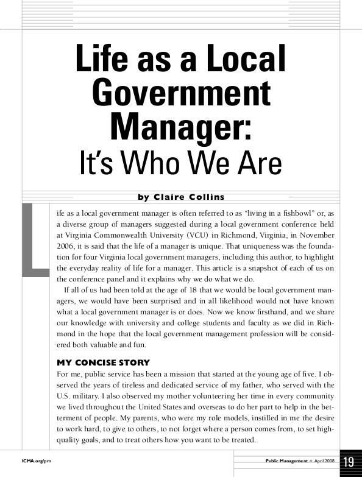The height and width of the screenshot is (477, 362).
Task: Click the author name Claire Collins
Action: pyautogui.click(x=189, y=197)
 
